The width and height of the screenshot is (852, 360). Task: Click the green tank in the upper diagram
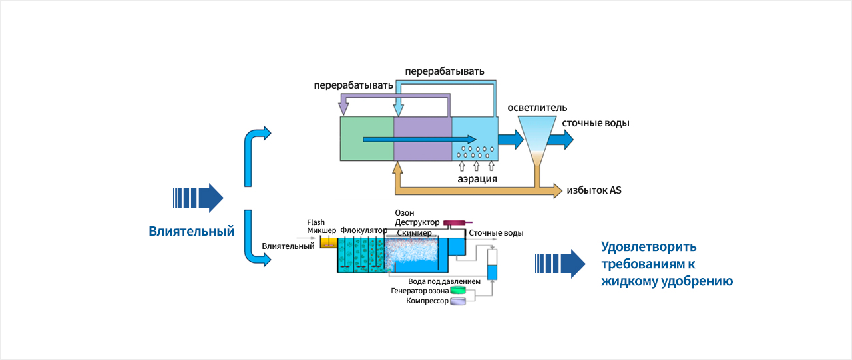click(367, 138)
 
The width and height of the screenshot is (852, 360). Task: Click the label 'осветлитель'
click(537, 108)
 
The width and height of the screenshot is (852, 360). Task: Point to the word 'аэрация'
click(477, 178)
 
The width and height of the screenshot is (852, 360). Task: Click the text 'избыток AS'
click(594, 191)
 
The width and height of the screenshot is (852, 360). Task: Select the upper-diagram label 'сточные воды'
click(596, 123)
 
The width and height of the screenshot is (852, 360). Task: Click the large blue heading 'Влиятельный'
click(192, 232)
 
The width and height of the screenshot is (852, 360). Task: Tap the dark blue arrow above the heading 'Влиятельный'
click(198, 198)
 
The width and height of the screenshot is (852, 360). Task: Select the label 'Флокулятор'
click(363, 230)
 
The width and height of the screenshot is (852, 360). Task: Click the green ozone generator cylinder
click(459, 290)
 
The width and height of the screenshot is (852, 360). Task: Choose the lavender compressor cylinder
click(459, 302)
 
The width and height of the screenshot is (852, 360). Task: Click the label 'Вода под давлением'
click(444, 281)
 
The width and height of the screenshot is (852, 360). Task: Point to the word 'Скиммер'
click(414, 234)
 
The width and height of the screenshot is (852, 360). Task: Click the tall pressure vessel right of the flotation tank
click(493, 264)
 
